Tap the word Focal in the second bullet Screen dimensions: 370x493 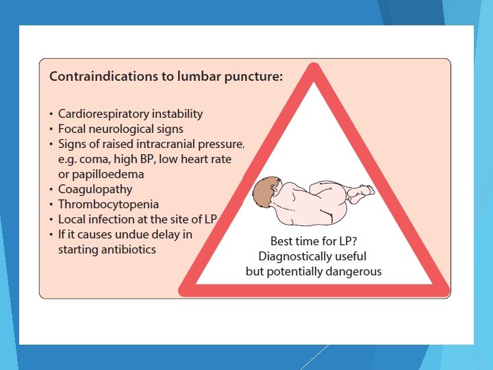(73, 128)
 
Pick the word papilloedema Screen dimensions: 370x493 (105, 174)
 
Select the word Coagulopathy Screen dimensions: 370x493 (95, 189)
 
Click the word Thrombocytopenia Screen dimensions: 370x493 (108, 204)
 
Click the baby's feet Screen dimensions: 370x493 (361, 193)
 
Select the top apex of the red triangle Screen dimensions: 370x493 (314, 67)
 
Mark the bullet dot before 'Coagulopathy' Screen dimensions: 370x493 (52, 190)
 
